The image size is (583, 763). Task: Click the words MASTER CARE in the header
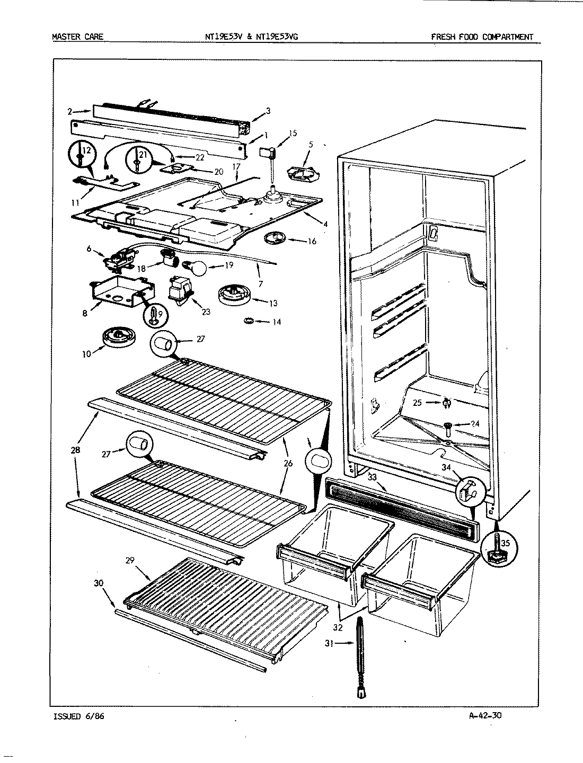point(77,37)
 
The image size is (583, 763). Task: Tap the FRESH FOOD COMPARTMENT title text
point(482,37)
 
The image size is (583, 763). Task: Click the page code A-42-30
point(485,716)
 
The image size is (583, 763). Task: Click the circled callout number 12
point(86,152)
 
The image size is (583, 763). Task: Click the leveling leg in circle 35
point(496,545)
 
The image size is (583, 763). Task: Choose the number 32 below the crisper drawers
point(338,627)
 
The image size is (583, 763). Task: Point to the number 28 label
point(76,450)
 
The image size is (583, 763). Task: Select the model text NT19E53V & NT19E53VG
point(252,37)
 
